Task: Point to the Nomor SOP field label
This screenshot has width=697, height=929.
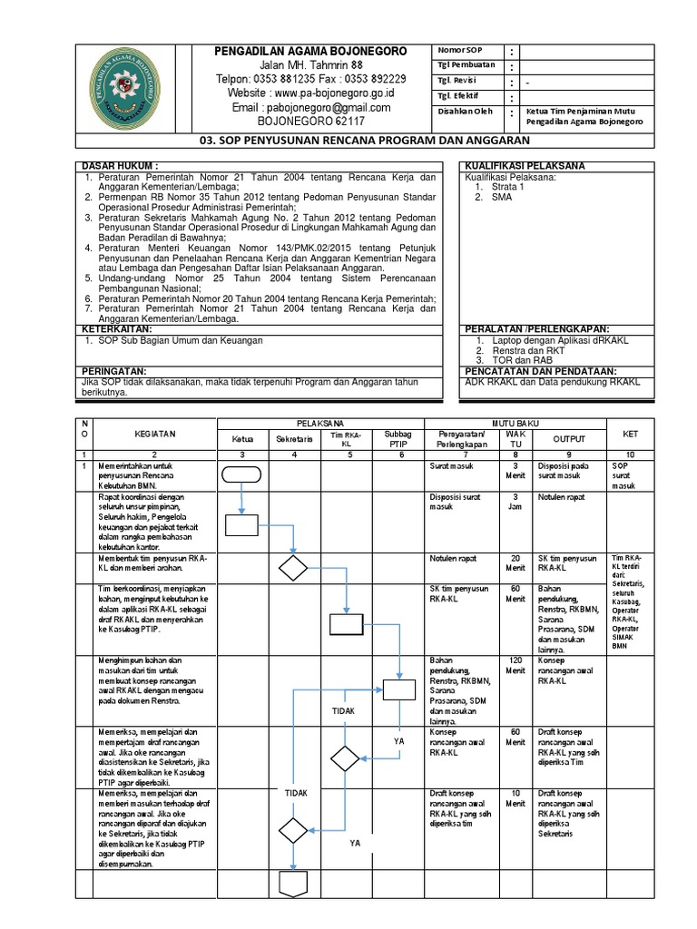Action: pyautogui.click(x=462, y=49)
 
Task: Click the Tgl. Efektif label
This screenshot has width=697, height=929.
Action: pyautogui.click(x=458, y=95)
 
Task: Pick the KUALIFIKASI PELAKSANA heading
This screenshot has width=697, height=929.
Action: pyautogui.click(x=525, y=166)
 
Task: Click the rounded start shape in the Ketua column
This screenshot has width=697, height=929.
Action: pyautogui.click(x=241, y=474)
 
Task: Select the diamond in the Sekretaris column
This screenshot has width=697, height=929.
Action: pyautogui.click(x=293, y=568)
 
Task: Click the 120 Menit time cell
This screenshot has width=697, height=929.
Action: pyautogui.click(x=515, y=665)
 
